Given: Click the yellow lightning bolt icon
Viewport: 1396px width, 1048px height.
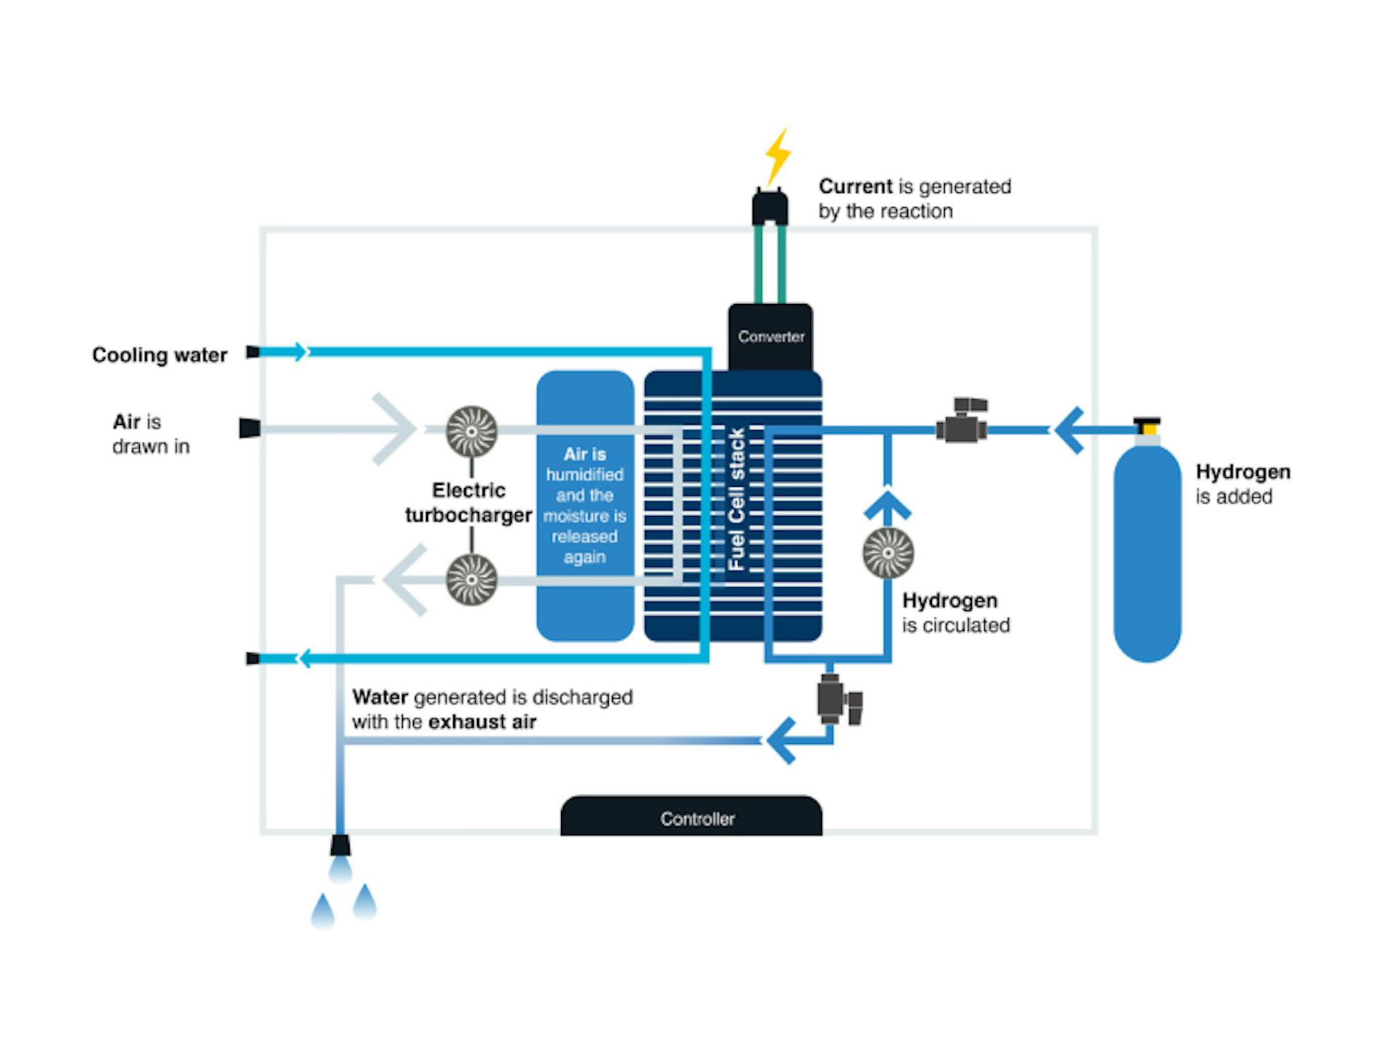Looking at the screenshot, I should click(x=777, y=156).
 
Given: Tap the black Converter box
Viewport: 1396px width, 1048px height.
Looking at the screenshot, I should click(x=770, y=337).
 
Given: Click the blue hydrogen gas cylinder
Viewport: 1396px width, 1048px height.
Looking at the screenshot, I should click(x=1147, y=552).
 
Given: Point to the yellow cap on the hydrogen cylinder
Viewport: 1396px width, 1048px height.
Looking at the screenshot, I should click(x=1148, y=428).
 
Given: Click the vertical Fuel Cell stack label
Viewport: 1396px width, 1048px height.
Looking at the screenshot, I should click(x=736, y=498).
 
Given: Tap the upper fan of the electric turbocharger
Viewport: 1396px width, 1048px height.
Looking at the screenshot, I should click(x=471, y=431).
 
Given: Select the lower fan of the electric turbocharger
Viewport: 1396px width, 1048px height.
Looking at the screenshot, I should click(x=471, y=580).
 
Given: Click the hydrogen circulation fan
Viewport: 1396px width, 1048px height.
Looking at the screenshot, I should click(x=887, y=552).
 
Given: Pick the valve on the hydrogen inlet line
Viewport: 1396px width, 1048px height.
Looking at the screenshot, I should click(x=962, y=422).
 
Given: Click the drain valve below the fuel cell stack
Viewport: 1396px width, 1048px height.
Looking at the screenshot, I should click(x=838, y=700).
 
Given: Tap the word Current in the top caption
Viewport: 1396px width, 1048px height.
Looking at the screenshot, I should click(x=855, y=186).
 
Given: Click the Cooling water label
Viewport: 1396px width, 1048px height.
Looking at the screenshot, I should click(x=160, y=355).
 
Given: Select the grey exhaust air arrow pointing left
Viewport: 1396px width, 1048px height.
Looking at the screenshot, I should click(x=405, y=580).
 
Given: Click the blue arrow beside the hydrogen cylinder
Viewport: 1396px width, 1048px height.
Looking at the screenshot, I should click(x=1069, y=430).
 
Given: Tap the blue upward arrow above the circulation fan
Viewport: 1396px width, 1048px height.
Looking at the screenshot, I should click(x=887, y=504).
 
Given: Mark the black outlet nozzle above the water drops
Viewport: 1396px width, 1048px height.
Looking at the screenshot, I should click(x=340, y=845).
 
